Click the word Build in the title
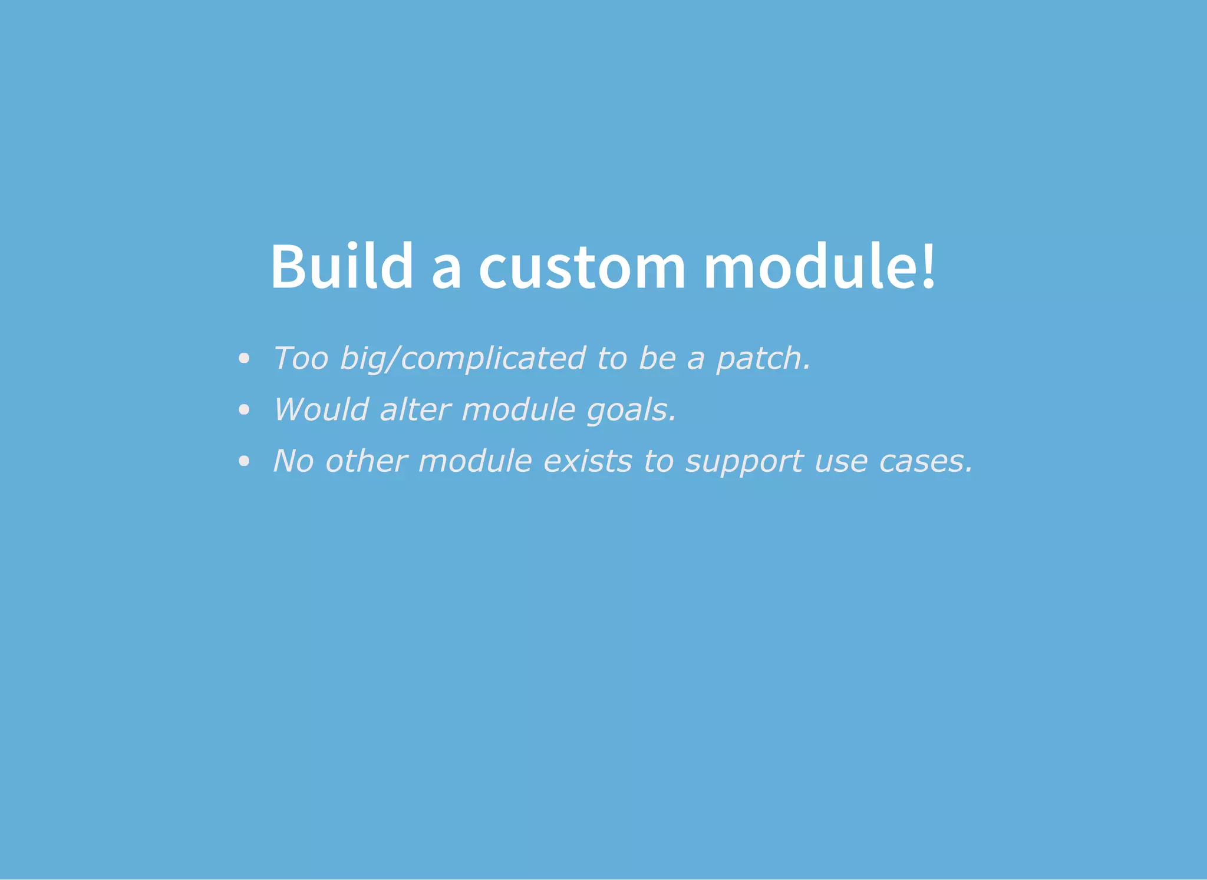pos(342,266)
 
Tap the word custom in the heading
pos(582,268)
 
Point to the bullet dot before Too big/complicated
pos(244,358)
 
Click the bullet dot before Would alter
pos(244,409)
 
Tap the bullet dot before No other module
pos(244,461)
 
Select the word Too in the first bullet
pos(301,358)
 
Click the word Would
pos(321,409)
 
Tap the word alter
pos(415,409)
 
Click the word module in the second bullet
pos(518,409)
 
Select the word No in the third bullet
pos(293,461)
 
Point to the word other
pos(366,461)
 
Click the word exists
pos(588,461)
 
